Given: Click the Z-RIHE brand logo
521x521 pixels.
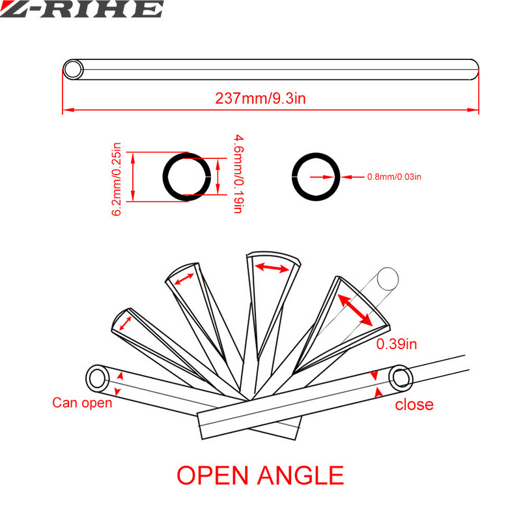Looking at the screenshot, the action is [x=81, y=8].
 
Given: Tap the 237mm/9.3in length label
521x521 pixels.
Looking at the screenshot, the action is [x=260, y=98].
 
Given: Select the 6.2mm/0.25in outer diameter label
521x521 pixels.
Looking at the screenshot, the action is [x=117, y=180].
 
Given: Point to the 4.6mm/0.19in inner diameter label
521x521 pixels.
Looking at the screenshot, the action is [x=238, y=173].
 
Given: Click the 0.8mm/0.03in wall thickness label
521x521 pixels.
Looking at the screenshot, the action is [x=394, y=176].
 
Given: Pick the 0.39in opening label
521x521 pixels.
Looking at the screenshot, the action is [x=397, y=344].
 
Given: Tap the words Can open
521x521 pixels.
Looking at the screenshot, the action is [x=82, y=402].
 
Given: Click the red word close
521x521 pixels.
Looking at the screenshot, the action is [x=414, y=404].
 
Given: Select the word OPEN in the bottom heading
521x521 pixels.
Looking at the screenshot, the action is [x=213, y=475].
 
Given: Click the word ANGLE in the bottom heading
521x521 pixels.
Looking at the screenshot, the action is [x=301, y=475].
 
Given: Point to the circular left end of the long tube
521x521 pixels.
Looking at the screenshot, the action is [x=73, y=70].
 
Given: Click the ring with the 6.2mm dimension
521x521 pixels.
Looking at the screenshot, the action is [x=187, y=176].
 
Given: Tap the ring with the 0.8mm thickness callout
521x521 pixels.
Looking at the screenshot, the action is [x=316, y=176].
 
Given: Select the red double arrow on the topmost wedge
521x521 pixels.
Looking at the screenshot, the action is [x=272, y=268].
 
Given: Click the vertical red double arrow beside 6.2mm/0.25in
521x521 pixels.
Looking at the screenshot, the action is [x=133, y=176].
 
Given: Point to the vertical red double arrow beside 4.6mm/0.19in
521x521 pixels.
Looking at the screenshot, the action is [x=218, y=176].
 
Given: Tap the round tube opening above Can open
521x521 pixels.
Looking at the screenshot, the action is [x=96, y=378].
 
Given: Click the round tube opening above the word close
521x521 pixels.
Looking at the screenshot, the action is [x=401, y=378].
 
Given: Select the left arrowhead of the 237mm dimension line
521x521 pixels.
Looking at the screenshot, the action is [x=68, y=109].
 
